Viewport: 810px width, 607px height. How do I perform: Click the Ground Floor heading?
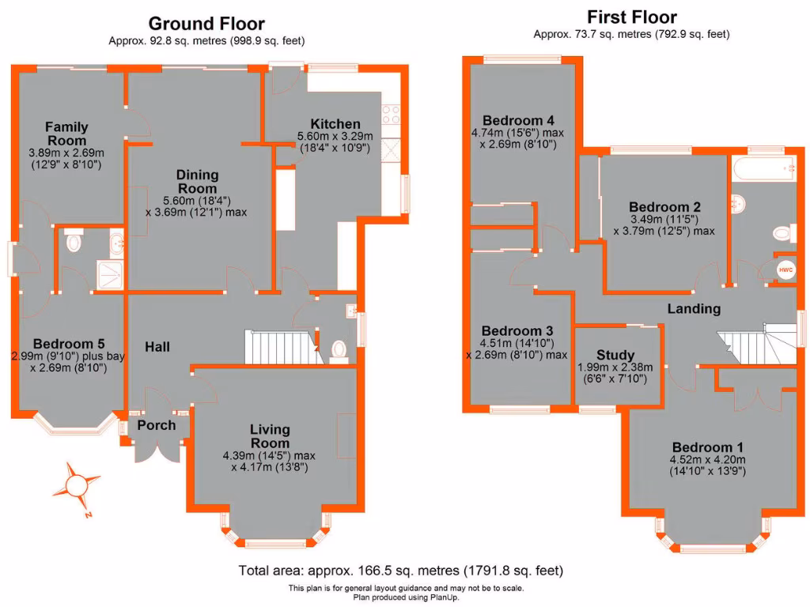point(206,24)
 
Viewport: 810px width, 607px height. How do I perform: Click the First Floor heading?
point(631,17)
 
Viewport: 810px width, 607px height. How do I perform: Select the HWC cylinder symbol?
point(785,270)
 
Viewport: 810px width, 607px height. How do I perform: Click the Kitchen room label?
point(335,124)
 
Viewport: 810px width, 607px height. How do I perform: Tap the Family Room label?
point(66,134)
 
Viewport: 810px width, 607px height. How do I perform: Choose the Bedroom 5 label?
point(69,344)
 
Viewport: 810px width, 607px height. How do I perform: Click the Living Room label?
point(270,436)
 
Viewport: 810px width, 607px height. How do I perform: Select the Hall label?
point(157,346)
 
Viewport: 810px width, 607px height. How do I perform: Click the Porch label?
point(156,425)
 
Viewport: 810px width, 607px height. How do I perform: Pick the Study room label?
point(615,354)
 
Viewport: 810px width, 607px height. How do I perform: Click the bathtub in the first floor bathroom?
point(763,167)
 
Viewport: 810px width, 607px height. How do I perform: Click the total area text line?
point(401,570)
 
